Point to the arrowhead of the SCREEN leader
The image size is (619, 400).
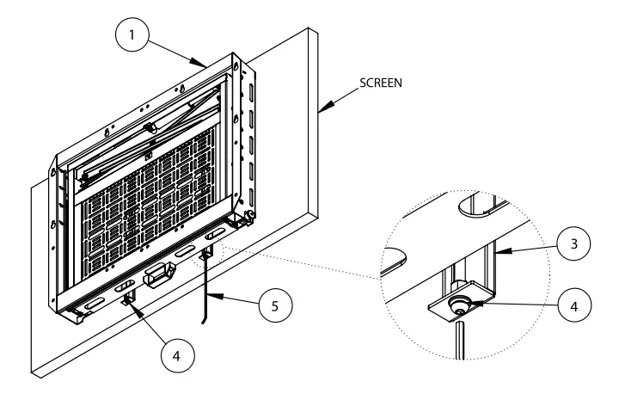(x=320, y=110)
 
